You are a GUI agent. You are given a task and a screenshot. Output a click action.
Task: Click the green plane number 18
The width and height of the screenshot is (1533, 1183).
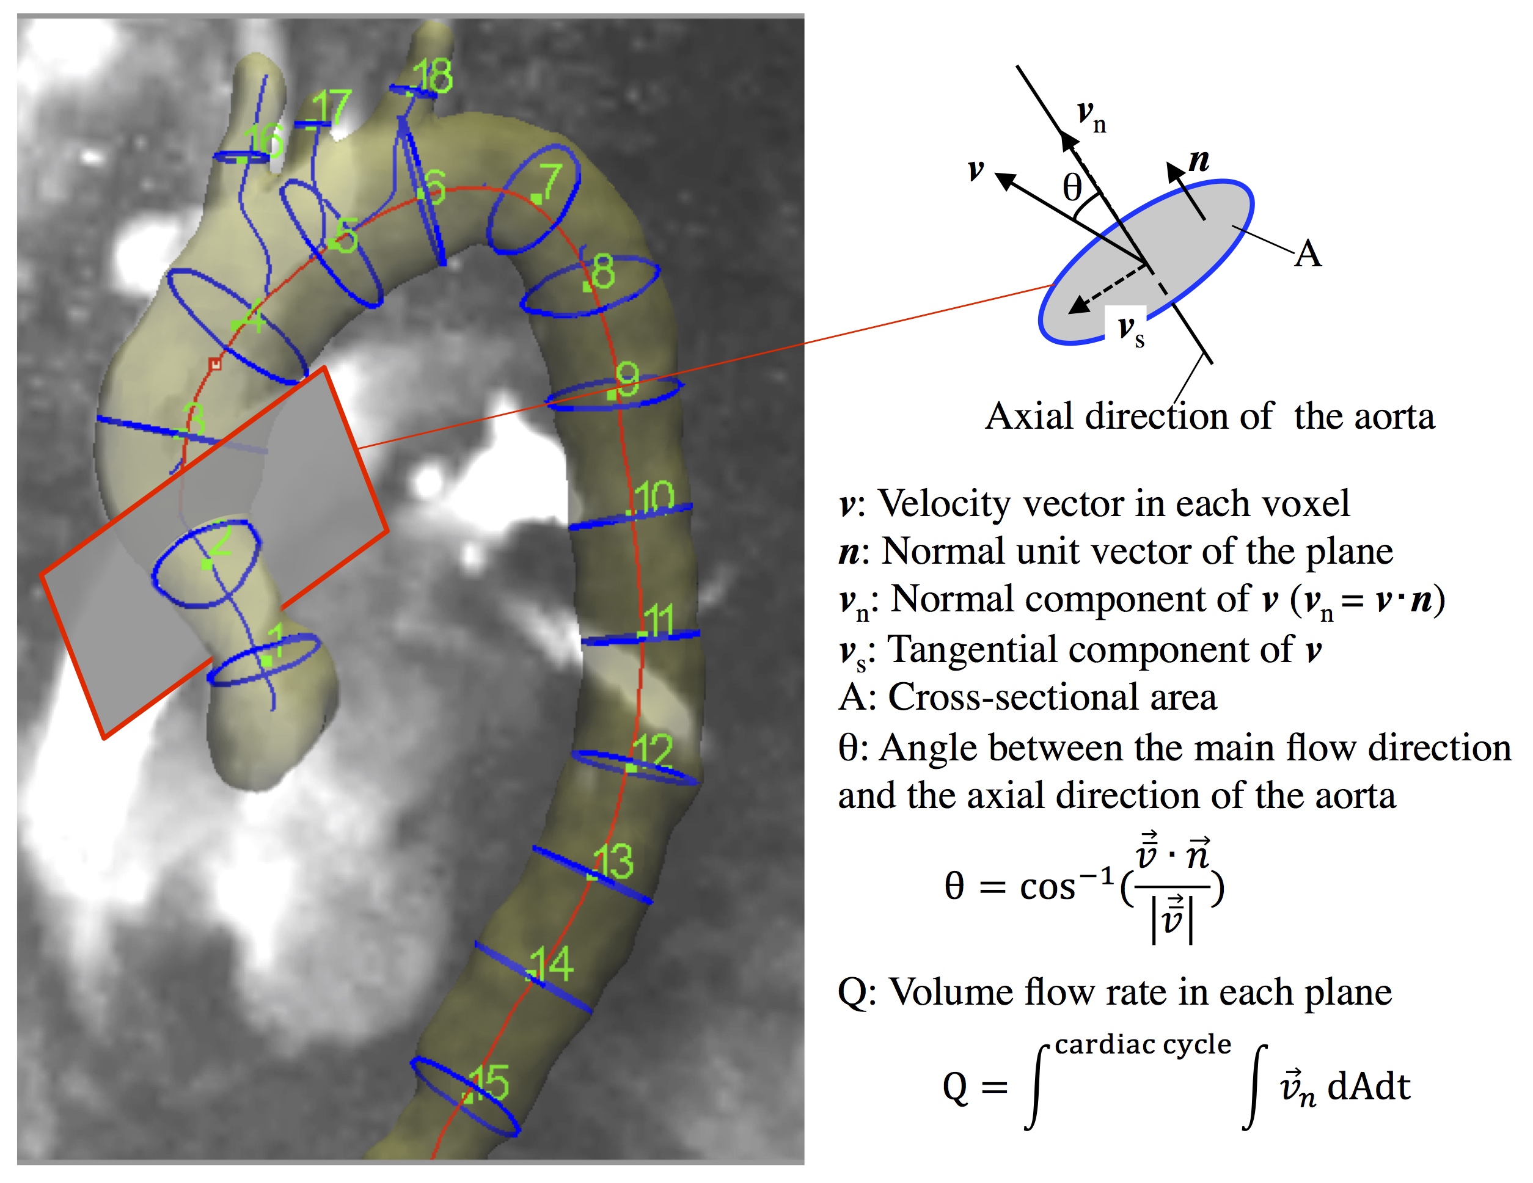[433, 76]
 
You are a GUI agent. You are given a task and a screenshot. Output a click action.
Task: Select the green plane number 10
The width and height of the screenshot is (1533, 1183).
[654, 497]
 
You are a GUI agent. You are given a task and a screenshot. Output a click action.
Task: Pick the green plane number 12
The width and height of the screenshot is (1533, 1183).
[653, 751]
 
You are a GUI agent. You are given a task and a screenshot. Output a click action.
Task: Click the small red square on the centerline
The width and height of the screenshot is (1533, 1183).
[216, 363]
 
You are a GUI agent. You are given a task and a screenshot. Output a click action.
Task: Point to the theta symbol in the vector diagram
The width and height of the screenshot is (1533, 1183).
[1072, 188]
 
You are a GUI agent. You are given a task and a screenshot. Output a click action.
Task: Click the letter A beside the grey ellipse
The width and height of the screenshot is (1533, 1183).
[1308, 254]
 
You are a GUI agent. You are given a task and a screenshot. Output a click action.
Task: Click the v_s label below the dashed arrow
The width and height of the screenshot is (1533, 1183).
[1131, 330]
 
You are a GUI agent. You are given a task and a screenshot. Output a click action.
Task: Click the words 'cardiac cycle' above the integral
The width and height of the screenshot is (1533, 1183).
[1143, 1044]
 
